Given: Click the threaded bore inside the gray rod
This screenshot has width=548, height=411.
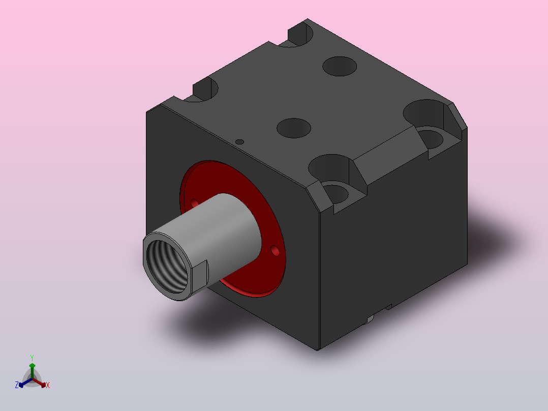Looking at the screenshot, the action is coord(167,267).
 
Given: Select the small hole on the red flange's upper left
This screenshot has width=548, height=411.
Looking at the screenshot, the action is coord(194,203).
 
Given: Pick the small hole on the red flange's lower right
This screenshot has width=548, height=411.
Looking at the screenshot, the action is coord(275,250).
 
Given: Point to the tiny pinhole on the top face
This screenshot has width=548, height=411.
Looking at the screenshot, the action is coord(240,142).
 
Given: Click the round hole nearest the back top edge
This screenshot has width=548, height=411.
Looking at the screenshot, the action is coord(340,66).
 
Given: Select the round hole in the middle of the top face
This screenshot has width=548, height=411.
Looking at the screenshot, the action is coord(294,128).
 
